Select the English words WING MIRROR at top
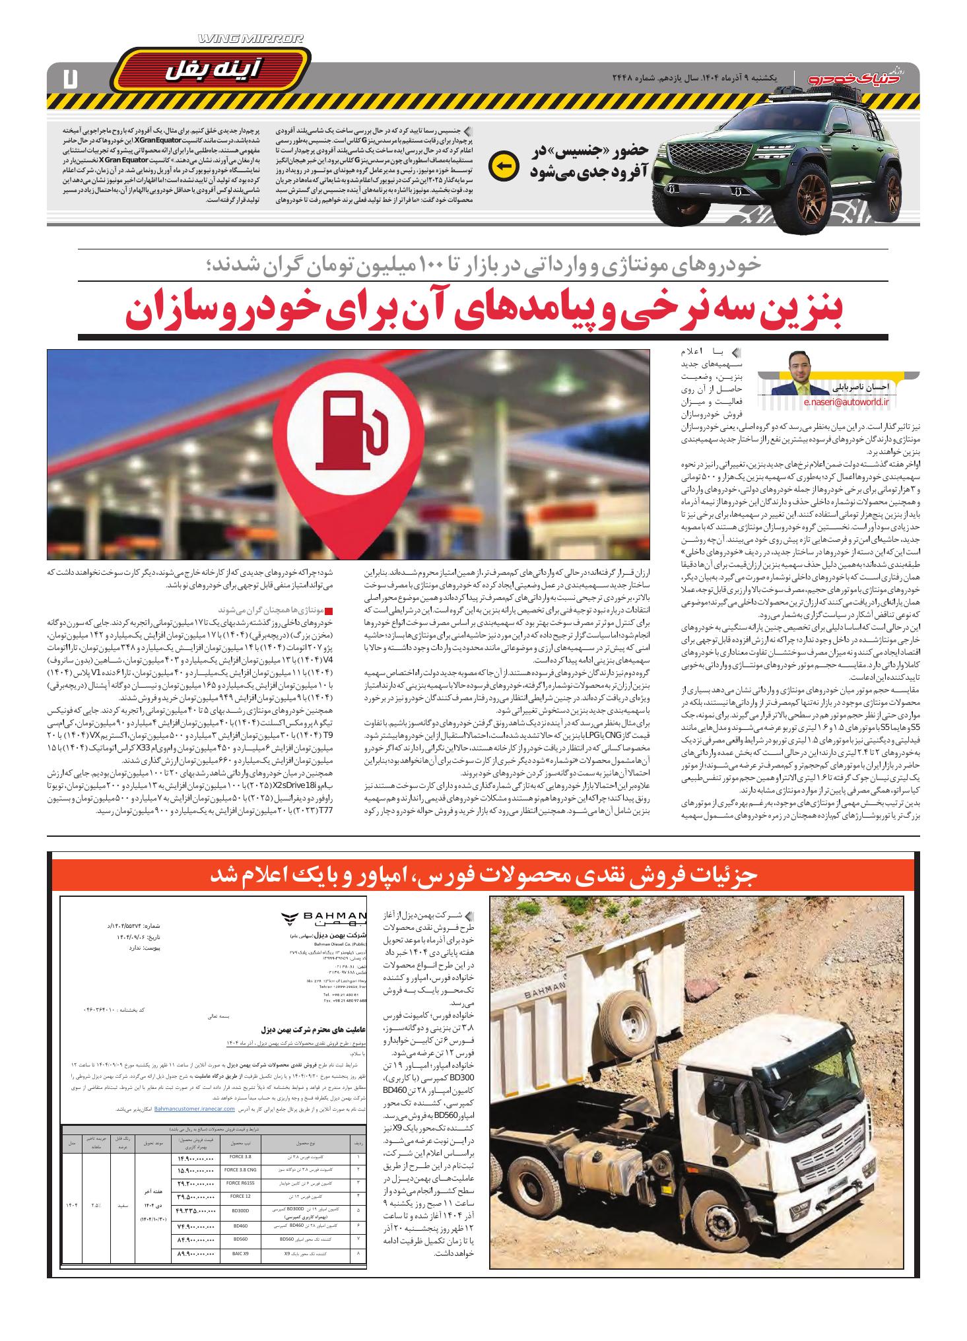pos(250,40)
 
